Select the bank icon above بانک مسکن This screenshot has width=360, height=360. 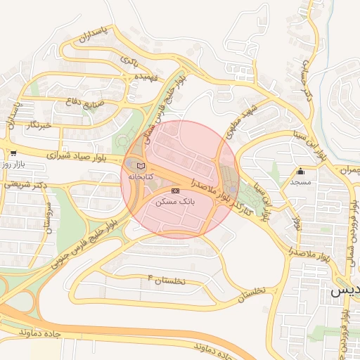(175, 191)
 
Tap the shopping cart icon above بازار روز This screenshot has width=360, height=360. (13, 153)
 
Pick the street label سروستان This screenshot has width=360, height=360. (49, 219)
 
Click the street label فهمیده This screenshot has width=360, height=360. (150, 76)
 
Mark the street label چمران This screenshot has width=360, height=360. (345, 170)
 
